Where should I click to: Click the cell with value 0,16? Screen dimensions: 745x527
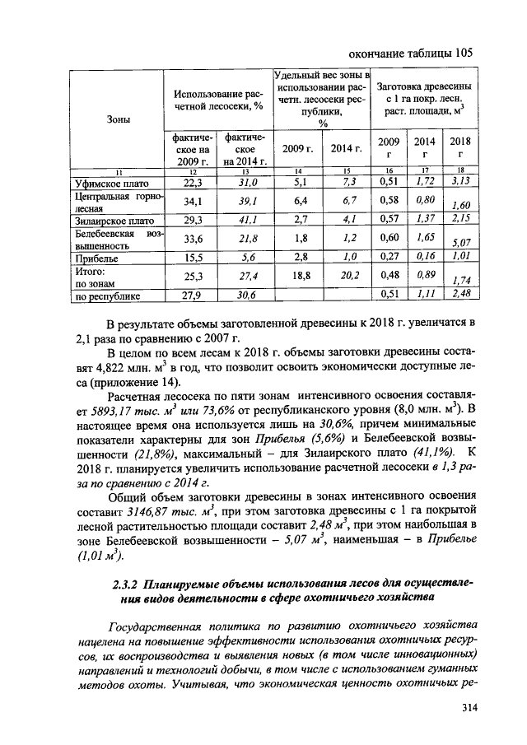425,257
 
